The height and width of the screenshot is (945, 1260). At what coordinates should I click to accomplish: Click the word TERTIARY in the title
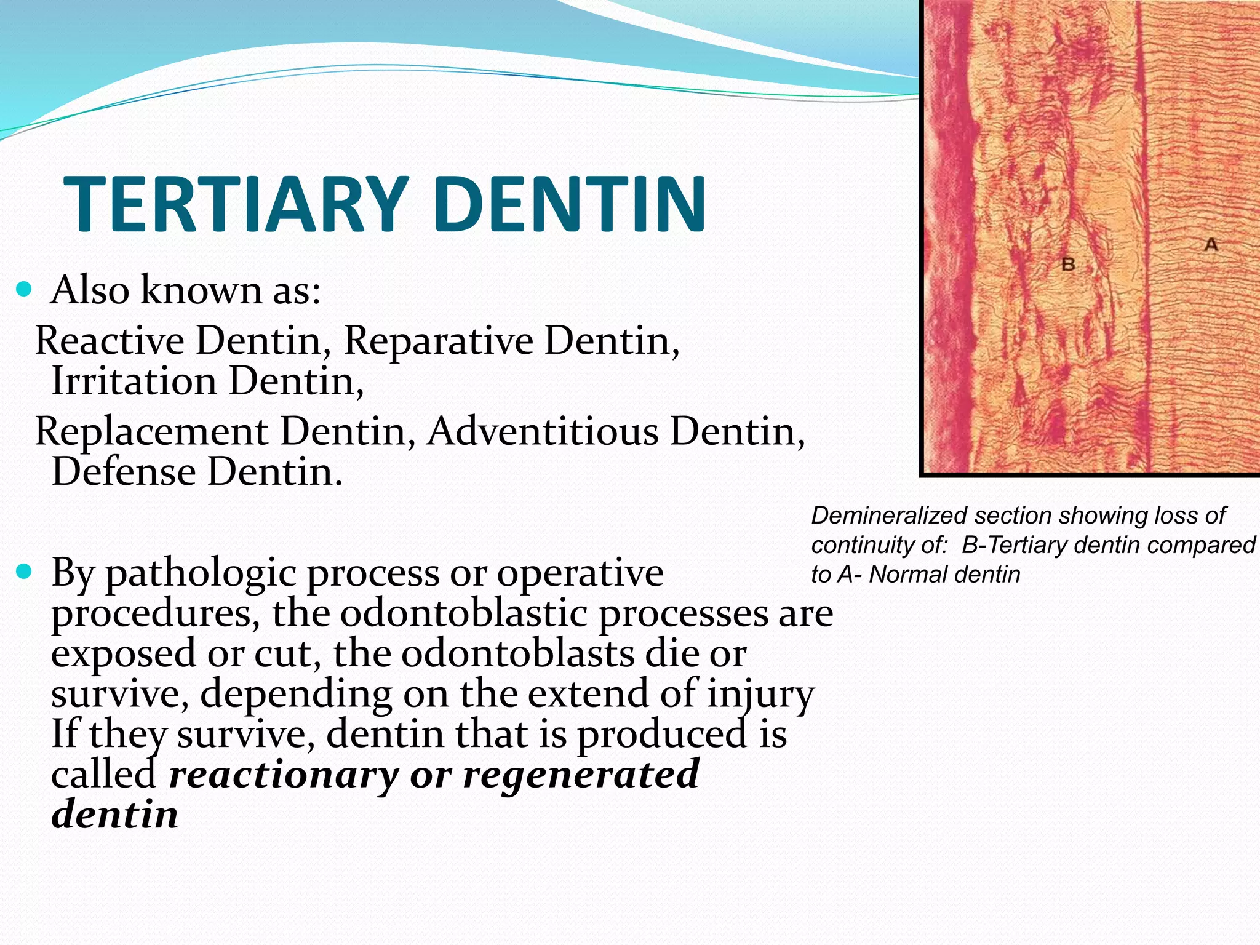coord(236,204)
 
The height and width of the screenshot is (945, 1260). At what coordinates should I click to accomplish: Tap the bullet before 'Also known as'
coord(24,289)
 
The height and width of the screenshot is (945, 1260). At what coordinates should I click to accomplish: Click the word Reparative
coord(438,340)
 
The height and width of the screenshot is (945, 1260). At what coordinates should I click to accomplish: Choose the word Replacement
coord(151,431)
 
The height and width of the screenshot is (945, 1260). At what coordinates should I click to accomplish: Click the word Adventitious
coord(543,431)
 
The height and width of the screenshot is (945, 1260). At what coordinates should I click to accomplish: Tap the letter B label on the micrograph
coord(1068,265)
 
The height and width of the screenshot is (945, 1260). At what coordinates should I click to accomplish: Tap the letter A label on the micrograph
coord(1211,245)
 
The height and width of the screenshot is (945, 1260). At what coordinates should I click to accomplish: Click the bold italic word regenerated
coord(581,775)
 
